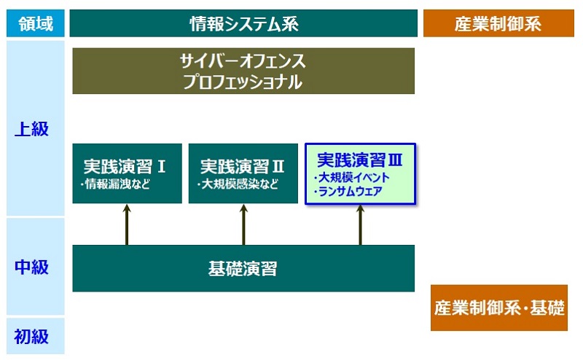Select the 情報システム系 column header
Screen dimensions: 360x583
(243, 24)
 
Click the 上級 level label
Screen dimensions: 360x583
(32, 129)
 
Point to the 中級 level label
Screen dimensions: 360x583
(32, 267)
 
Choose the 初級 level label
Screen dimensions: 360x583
(32, 336)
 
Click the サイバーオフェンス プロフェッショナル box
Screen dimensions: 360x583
(243, 71)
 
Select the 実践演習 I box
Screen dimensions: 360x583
(127, 173)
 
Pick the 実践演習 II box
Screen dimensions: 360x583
(243, 173)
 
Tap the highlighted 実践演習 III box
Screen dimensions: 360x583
(360, 173)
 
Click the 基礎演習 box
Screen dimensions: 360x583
(243, 268)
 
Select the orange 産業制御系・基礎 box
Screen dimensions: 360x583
(498, 308)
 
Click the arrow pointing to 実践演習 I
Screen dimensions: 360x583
(127, 224)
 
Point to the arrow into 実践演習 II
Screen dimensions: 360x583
(243, 224)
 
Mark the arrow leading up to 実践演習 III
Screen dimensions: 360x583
(360, 224)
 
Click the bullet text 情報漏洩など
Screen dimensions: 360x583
(116, 184)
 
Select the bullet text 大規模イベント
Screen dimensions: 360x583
(351, 177)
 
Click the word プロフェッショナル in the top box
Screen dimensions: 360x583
(243, 82)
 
